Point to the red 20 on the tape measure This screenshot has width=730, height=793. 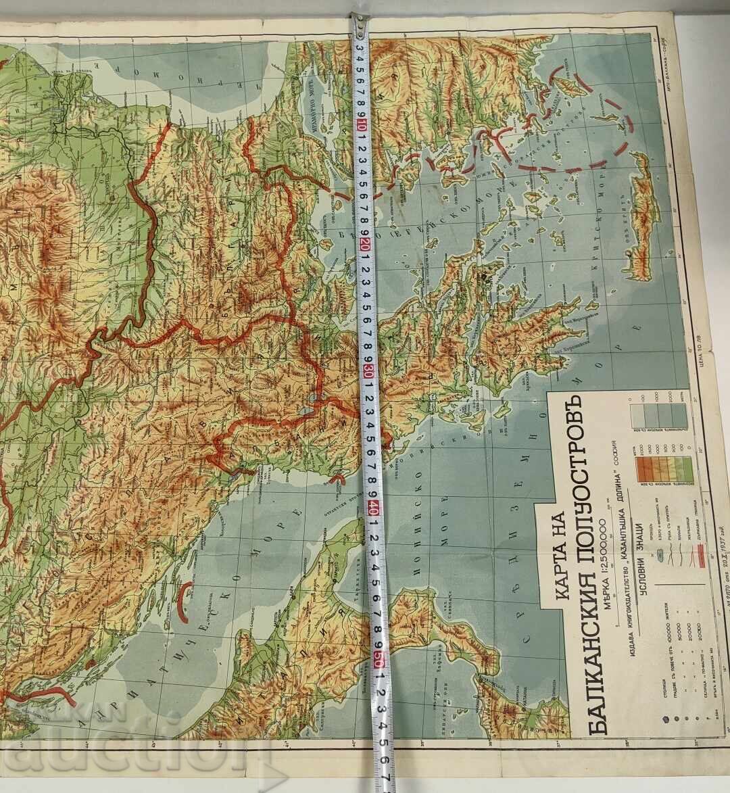point(366,246)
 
